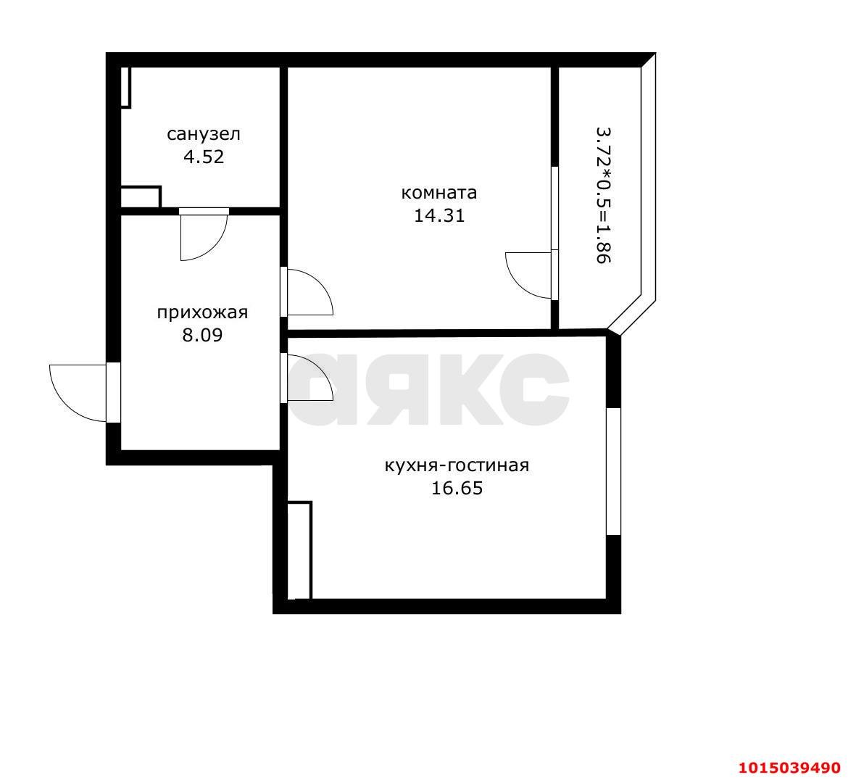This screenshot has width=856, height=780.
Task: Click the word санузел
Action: tap(203, 134)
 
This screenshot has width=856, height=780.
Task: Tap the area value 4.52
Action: tap(203, 157)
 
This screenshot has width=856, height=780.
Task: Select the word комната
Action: tap(439, 193)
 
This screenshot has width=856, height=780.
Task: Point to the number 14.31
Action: tap(439, 215)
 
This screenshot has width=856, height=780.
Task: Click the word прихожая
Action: tap(202, 312)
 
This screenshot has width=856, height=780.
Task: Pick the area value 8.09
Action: tap(202, 335)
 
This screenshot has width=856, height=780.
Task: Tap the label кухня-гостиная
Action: tap(457, 465)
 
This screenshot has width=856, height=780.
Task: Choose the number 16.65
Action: tap(457, 488)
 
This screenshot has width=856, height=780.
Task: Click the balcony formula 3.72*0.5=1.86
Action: tap(603, 196)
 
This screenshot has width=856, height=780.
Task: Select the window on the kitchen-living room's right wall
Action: tap(613, 471)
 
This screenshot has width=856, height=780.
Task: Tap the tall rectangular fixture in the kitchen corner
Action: tap(299, 550)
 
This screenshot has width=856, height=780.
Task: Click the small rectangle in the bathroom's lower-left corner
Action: tap(140, 197)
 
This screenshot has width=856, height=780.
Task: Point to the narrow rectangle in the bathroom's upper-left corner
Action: tap(125, 87)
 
